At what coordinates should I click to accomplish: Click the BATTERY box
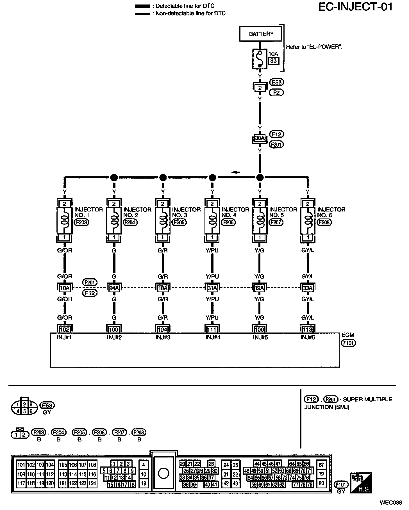tap(261, 34)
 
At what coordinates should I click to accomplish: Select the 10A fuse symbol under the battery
tap(260, 59)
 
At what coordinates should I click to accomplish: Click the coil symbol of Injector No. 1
tap(65, 221)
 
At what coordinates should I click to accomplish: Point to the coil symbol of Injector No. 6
tap(308, 221)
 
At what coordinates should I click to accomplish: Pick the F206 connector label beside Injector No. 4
tap(228, 222)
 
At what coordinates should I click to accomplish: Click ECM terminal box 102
tap(65, 329)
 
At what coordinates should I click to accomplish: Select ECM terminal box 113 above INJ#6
tap(308, 329)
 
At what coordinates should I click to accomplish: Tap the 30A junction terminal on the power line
tap(260, 138)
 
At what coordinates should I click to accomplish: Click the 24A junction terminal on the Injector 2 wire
tap(114, 288)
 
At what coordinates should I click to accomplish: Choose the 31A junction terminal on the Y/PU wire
tap(212, 288)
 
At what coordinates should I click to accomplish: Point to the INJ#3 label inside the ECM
tap(163, 338)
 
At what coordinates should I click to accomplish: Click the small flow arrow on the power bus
tap(236, 172)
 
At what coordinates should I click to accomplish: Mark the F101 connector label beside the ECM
tap(348, 343)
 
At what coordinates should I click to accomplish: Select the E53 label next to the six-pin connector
tap(47, 406)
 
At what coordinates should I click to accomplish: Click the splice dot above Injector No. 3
tap(163, 177)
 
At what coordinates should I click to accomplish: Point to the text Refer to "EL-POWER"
tap(314, 47)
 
